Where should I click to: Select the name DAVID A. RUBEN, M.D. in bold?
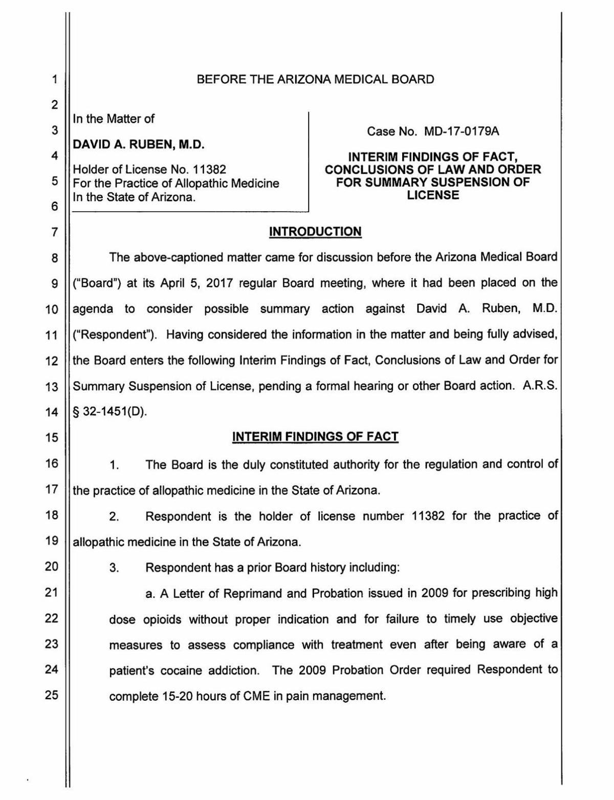[139, 145]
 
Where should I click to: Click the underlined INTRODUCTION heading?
[315, 232]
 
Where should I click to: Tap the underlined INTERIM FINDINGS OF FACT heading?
[315, 436]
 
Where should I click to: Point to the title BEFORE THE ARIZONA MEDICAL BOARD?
[315, 79]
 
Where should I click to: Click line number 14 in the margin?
[52, 412]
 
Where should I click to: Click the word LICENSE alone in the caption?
[433, 195]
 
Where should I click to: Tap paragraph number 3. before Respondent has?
[114, 568]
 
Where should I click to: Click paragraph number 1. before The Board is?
[114, 465]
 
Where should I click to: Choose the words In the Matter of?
[114, 119]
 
